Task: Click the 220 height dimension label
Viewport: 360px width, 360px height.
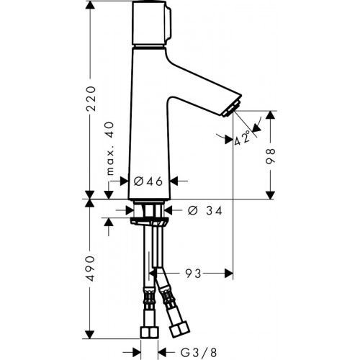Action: (x=89, y=107)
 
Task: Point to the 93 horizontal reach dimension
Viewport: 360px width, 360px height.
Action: (x=192, y=274)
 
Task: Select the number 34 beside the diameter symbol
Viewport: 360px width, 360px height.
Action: (x=212, y=211)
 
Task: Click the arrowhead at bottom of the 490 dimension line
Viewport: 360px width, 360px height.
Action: (x=89, y=336)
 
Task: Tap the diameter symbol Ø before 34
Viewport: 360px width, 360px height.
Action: (x=192, y=211)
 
